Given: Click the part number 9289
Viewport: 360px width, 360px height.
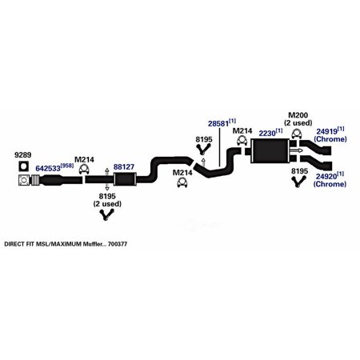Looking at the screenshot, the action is [22, 155].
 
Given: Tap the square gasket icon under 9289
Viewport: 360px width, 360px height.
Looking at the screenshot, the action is [24, 166].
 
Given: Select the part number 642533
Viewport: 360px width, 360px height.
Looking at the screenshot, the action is [48, 168].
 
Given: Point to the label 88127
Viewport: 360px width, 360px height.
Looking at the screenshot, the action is [124, 167].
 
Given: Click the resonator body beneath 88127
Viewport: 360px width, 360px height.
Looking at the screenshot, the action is [125, 179].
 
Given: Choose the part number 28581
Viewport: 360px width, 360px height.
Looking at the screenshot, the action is [218, 124].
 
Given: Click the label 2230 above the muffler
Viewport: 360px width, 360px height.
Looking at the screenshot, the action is [267, 133].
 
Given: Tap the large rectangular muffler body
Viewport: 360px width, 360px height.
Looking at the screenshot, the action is [270, 151].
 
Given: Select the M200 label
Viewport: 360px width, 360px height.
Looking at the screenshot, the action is [298, 115].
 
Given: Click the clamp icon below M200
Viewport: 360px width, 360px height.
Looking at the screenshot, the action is [296, 134].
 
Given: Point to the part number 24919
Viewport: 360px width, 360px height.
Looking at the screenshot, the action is [326, 131].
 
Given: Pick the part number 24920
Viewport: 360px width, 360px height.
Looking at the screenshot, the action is [326, 177].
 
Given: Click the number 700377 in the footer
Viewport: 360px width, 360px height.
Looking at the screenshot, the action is [118, 244].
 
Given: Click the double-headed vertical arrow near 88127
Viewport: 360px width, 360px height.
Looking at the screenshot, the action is [106, 179].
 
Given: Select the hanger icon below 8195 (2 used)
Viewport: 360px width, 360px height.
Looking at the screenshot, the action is [107, 215].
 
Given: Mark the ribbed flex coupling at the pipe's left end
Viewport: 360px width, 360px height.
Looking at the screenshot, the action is [35, 180].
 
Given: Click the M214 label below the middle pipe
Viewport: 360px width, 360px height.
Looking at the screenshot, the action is [182, 173].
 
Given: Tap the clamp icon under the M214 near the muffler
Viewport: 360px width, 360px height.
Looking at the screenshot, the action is [242, 141].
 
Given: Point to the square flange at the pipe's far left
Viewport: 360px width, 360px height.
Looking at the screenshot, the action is [24, 180].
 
